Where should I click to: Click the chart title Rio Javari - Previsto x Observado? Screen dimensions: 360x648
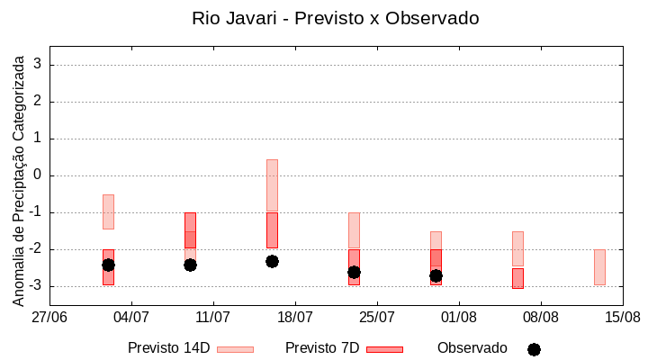(x=335, y=18)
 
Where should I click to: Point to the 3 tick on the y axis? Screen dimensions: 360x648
(x=38, y=65)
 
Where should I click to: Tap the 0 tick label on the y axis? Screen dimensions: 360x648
(x=38, y=175)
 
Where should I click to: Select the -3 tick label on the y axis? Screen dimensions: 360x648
(x=35, y=286)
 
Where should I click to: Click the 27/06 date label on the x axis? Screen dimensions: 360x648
(x=49, y=318)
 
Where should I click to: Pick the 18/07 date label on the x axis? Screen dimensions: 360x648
(x=295, y=318)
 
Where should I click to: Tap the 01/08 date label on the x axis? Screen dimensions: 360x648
(x=459, y=318)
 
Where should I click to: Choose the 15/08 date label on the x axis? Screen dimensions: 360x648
(x=622, y=318)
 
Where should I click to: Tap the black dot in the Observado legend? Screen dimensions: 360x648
(x=534, y=349)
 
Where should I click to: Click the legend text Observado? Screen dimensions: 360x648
(x=472, y=348)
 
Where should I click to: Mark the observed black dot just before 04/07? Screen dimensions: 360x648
(x=108, y=265)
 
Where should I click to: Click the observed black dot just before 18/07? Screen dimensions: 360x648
(x=272, y=261)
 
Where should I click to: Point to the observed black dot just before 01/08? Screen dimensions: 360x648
(x=436, y=275)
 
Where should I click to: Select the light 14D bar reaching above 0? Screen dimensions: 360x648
(x=272, y=185)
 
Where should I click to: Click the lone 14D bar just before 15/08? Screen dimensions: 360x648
(x=599, y=267)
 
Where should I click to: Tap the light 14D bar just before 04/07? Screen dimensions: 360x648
(x=108, y=211)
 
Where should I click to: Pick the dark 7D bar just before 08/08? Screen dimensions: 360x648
(x=517, y=278)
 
